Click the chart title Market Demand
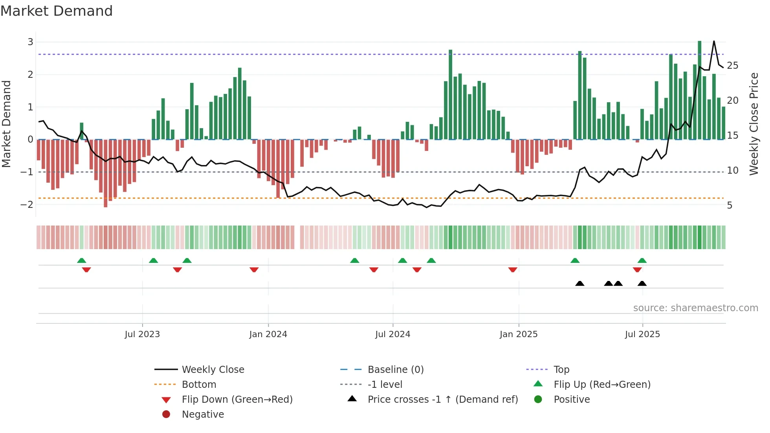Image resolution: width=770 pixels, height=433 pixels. coord(57,11)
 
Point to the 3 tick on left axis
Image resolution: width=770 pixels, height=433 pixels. coord(30,42)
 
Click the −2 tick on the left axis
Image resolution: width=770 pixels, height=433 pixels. coord(27,205)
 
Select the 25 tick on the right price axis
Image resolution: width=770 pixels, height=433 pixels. coord(732,66)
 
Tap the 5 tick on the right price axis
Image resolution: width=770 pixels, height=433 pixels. coord(730,205)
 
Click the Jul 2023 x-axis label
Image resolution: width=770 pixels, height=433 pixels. coord(142,334)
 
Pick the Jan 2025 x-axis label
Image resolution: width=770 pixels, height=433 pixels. coord(519,334)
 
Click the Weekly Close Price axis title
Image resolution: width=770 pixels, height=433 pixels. coord(753,124)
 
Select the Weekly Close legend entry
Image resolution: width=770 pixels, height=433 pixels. coord(213,370)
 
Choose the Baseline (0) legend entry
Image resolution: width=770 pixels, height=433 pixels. coord(395,370)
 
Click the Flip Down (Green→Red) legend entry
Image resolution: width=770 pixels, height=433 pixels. coord(237,400)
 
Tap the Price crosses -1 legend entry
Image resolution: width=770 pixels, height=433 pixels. coord(442,400)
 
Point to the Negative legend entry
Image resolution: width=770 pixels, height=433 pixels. coord(203,415)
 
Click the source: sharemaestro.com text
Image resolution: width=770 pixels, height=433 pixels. coord(695,308)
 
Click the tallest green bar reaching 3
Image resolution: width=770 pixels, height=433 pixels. coord(699,90)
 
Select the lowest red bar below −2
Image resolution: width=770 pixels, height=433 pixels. coord(105,173)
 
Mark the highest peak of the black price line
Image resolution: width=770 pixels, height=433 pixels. coord(714,41)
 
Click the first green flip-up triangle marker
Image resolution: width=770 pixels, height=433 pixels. coord(81,261)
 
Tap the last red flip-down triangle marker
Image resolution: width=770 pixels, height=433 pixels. coord(637,270)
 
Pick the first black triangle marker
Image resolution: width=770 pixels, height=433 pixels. coord(579,283)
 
